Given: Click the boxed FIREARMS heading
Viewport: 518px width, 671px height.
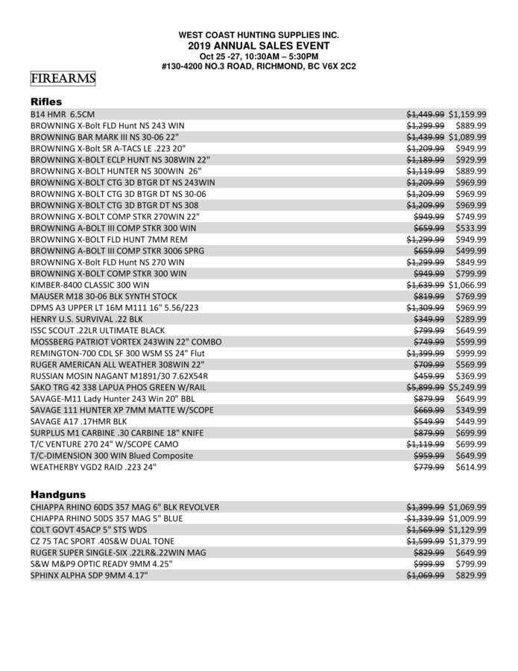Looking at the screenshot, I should (x=63, y=78).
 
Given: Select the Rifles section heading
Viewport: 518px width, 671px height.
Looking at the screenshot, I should (x=46, y=101).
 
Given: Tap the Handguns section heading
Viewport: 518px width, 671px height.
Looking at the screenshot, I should (x=58, y=494).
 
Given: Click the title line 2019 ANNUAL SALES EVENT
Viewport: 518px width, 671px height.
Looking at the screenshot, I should (x=259, y=45).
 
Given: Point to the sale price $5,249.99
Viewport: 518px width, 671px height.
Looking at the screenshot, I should (x=467, y=388).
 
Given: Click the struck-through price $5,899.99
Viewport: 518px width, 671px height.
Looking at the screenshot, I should (x=425, y=388).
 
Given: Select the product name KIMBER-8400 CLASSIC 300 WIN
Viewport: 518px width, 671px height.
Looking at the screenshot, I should (x=89, y=285).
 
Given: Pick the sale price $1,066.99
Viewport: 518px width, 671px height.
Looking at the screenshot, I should (x=467, y=285).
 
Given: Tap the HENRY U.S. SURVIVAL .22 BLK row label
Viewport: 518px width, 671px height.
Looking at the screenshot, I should (x=86, y=319).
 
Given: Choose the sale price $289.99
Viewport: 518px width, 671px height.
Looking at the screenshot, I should (x=472, y=319).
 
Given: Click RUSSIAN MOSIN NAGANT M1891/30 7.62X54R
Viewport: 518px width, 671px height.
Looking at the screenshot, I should (x=119, y=376).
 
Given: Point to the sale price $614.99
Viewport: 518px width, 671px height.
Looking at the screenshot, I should (x=472, y=467).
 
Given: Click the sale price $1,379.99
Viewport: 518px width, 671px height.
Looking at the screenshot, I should (x=467, y=541).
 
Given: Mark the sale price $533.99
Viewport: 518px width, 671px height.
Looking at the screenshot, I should (x=472, y=228).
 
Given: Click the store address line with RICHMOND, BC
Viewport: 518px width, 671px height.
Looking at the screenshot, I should (x=259, y=66).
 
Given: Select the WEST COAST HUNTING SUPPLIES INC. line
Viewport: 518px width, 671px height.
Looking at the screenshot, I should (x=259, y=35).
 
